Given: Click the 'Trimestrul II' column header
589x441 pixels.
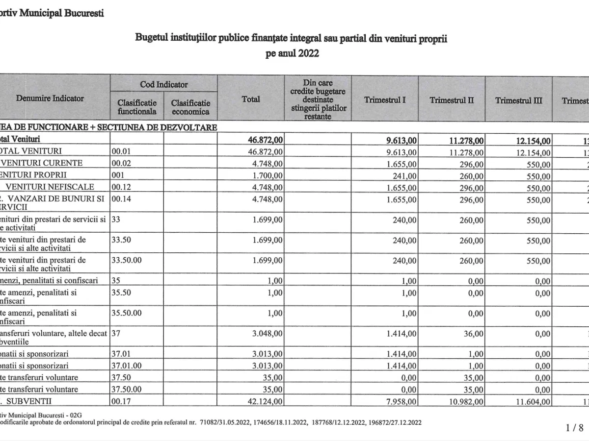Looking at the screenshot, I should [452, 100].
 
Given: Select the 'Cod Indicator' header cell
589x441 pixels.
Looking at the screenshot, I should [163, 84].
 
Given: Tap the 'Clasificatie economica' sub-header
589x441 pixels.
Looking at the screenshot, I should [190, 107].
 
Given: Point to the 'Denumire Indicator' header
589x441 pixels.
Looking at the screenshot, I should [50, 98].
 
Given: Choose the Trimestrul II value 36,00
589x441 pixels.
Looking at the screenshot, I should [474, 334].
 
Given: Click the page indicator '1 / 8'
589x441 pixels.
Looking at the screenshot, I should [574, 428].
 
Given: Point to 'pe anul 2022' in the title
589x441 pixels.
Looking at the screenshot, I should [292, 53].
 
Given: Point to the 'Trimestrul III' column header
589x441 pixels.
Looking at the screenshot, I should [519, 100].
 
